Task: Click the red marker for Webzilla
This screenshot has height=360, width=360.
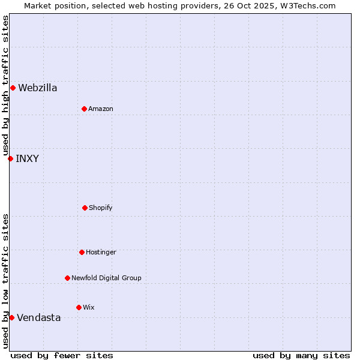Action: pos(13,88)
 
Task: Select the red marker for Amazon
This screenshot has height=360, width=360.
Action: pos(84,109)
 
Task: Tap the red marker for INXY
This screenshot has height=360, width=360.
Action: pos(10,158)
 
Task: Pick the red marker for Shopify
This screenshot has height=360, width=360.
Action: pos(85,208)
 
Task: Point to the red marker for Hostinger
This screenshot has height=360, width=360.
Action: pos(82,252)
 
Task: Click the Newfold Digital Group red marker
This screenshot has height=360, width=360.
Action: pos(67,278)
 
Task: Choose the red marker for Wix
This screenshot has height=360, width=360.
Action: pos(79,307)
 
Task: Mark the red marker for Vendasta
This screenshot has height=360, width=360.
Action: pos(11,317)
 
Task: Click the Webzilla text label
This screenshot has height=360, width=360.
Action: pos(38,88)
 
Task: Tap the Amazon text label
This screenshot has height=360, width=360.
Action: pos(101,109)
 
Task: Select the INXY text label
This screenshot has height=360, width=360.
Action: pos(27,158)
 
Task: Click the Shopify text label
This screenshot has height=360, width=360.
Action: pos(101,208)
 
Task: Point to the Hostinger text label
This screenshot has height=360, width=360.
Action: pos(101,252)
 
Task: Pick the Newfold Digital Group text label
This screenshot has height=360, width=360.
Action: pos(106,278)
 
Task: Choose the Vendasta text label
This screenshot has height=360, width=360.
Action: pos(39,317)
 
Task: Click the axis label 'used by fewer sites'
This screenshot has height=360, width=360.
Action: pos(62,355)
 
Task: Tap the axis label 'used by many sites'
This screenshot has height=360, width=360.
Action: pos(301,355)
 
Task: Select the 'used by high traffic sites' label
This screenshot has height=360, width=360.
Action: pos(5,86)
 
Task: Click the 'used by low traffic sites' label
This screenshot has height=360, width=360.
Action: pos(5,281)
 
